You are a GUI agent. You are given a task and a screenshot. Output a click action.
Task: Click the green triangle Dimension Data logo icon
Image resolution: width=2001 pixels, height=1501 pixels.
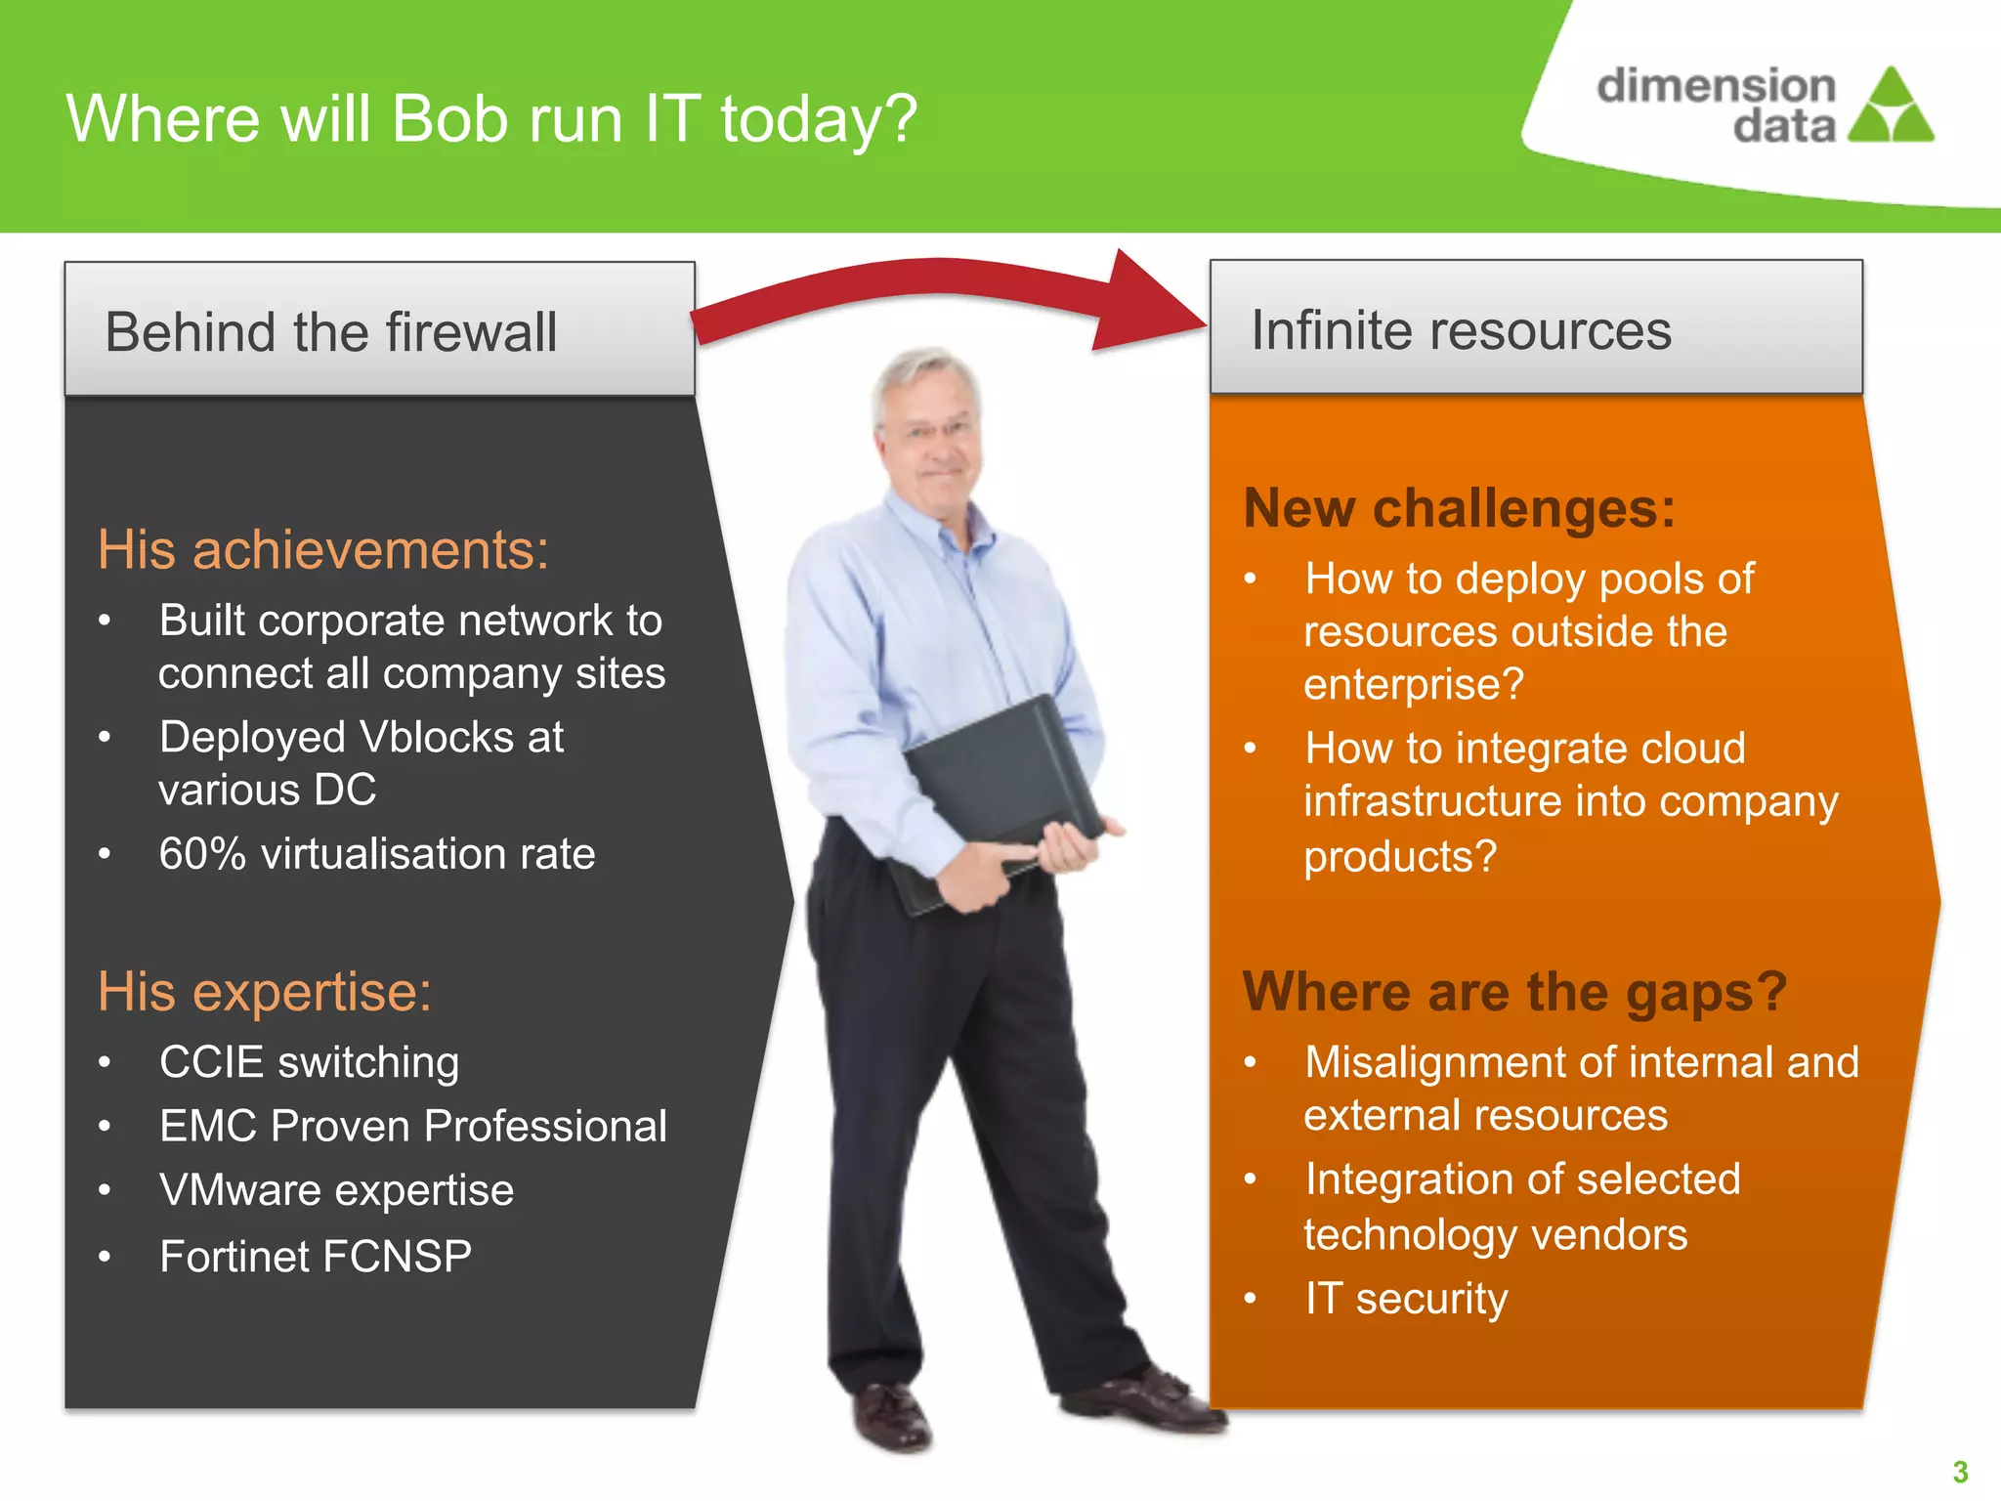pyautogui.click(x=1892, y=107)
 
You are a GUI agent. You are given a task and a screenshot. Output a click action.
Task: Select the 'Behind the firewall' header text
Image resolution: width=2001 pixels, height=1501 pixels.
pyautogui.click(x=331, y=331)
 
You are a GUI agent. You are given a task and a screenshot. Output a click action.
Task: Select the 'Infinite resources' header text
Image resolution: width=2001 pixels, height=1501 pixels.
pyautogui.click(x=1461, y=329)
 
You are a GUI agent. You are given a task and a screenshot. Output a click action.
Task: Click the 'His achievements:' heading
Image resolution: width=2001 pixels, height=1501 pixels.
pyautogui.click(x=322, y=549)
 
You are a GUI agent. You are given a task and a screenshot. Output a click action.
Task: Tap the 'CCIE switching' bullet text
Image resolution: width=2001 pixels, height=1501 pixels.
pyautogui.click(x=309, y=1062)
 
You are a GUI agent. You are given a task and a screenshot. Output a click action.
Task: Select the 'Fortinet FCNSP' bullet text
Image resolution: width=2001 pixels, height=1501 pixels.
pyautogui.click(x=316, y=1256)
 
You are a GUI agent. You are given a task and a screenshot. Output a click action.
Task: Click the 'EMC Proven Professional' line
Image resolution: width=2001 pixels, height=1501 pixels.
pyautogui.click(x=412, y=1126)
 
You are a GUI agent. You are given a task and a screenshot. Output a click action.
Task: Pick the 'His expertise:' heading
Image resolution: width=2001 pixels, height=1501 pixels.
pyautogui.click(x=264, y=992)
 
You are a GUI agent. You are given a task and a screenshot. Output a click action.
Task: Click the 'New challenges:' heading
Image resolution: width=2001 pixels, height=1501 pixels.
pyautogui.click(x=1459, y=508)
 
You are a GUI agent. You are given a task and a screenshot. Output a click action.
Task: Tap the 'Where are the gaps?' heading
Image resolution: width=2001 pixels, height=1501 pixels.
pyautogui.click(x=1513, y=992)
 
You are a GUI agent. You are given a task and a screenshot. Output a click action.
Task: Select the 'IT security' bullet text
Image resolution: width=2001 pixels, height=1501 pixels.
pyautogui.click(x=1406, y=1299)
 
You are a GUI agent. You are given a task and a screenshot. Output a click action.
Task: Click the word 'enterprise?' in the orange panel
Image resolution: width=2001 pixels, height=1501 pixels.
pyautogui.click(x=1413, y=684)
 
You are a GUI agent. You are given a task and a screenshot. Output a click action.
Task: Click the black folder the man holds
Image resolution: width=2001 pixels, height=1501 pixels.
pyautogui.click(x=1001, y=782)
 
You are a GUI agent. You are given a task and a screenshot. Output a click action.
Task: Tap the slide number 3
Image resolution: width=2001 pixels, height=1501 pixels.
pyautogui.click(x=1960, y=1472)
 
